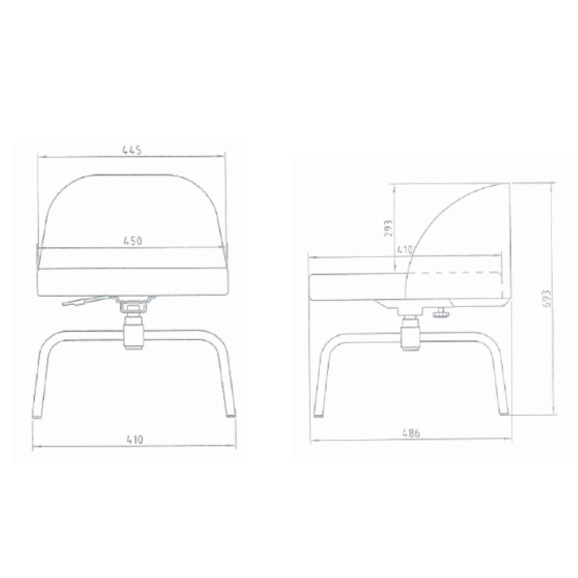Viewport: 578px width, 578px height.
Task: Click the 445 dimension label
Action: [132, 150]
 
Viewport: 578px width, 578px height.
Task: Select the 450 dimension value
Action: [132, 240]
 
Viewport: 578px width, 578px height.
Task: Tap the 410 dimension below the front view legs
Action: [135, 439]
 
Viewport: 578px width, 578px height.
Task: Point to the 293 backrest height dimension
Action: [388, 228]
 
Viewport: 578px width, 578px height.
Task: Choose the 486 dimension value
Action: [411, 432]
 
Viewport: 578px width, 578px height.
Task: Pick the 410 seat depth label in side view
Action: [405, 250]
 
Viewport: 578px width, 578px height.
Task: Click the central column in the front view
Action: [134, 329]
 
